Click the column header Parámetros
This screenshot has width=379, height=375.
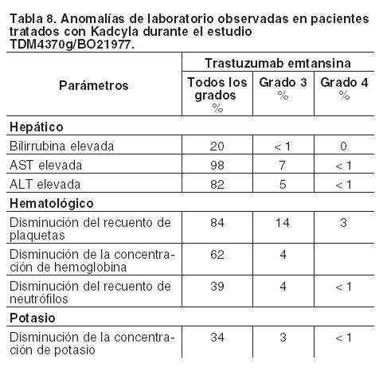(94, 85)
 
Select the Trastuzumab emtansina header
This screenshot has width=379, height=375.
(278, 63)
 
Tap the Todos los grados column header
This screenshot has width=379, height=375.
(217, 95)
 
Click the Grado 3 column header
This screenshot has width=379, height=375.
(283, 88)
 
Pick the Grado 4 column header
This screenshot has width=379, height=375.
(344, 88)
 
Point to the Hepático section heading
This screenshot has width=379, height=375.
(37, 127)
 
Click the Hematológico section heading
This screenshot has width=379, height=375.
(52, 203)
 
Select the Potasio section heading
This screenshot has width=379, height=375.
(33, 318)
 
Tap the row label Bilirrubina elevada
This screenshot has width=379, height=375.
(62, 146)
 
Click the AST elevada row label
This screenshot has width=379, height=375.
(46, 165)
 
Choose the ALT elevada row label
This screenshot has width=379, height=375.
(45, 184)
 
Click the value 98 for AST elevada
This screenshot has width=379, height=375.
(217, 166)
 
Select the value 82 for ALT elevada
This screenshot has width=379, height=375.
(217, 185)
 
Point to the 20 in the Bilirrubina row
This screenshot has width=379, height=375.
(217, 146)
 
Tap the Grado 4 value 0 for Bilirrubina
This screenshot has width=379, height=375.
(344, 146)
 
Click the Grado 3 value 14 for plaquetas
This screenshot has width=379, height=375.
(283, 223)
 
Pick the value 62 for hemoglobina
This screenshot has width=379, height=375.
(217, 255)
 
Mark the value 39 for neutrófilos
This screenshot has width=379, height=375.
(217, 287)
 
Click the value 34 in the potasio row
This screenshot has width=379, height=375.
(217, 338)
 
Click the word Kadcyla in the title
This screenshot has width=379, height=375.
(115, 32)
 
